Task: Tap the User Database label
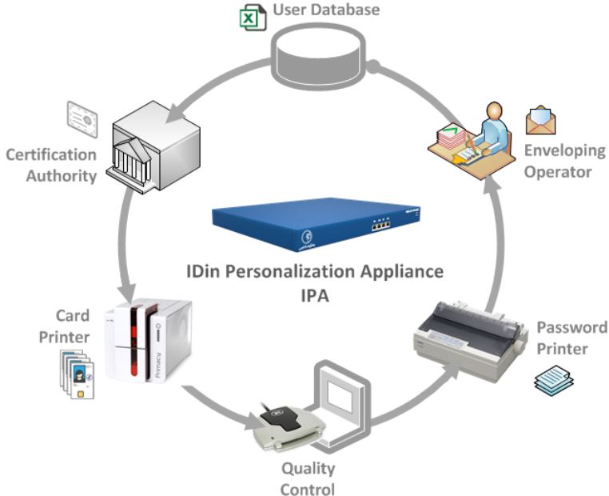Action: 326,10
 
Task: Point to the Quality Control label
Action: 307,478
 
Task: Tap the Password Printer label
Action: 571,338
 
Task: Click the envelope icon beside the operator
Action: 541,120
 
